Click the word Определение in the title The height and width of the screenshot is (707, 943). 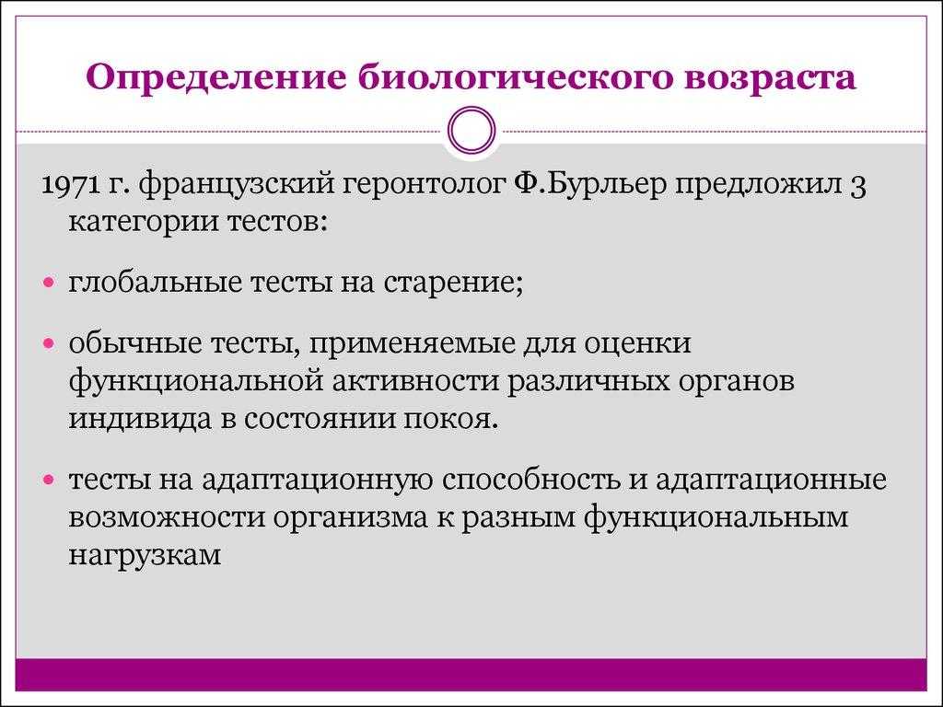pyautogui.click(x=216, y=78)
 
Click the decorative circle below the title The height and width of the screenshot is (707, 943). pyautogui.click(x=471, y=131)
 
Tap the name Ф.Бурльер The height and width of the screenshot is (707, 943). pyautogui.click(x=590, y=184)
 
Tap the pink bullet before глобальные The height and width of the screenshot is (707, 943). pyautogui.click(x=50, y=282)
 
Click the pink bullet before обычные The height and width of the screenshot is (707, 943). pyautogui.click(x=50, y=343)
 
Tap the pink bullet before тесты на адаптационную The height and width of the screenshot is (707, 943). pyautogui.click(x=50, y=480)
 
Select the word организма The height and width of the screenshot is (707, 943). pyautogui.click(x=351, y=518)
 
